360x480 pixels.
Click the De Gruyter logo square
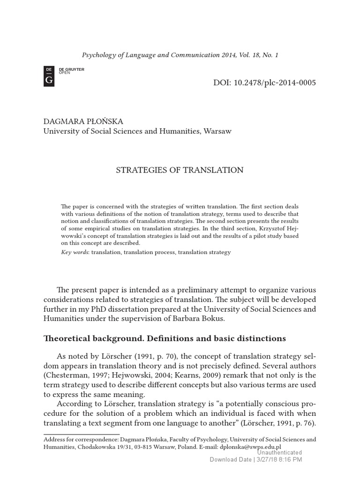coord(49,76)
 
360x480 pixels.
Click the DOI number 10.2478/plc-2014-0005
coord(264,83)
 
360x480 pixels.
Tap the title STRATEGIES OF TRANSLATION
coord(180,170)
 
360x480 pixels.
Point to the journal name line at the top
coord(180,55)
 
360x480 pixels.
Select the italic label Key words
coord(75,252)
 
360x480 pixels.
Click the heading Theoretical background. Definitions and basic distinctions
coord(165,338)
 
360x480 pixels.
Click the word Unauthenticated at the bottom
coord(280,453)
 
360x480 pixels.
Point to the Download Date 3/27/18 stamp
coord(255,460)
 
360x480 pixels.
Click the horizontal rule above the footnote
coord(82,435)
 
